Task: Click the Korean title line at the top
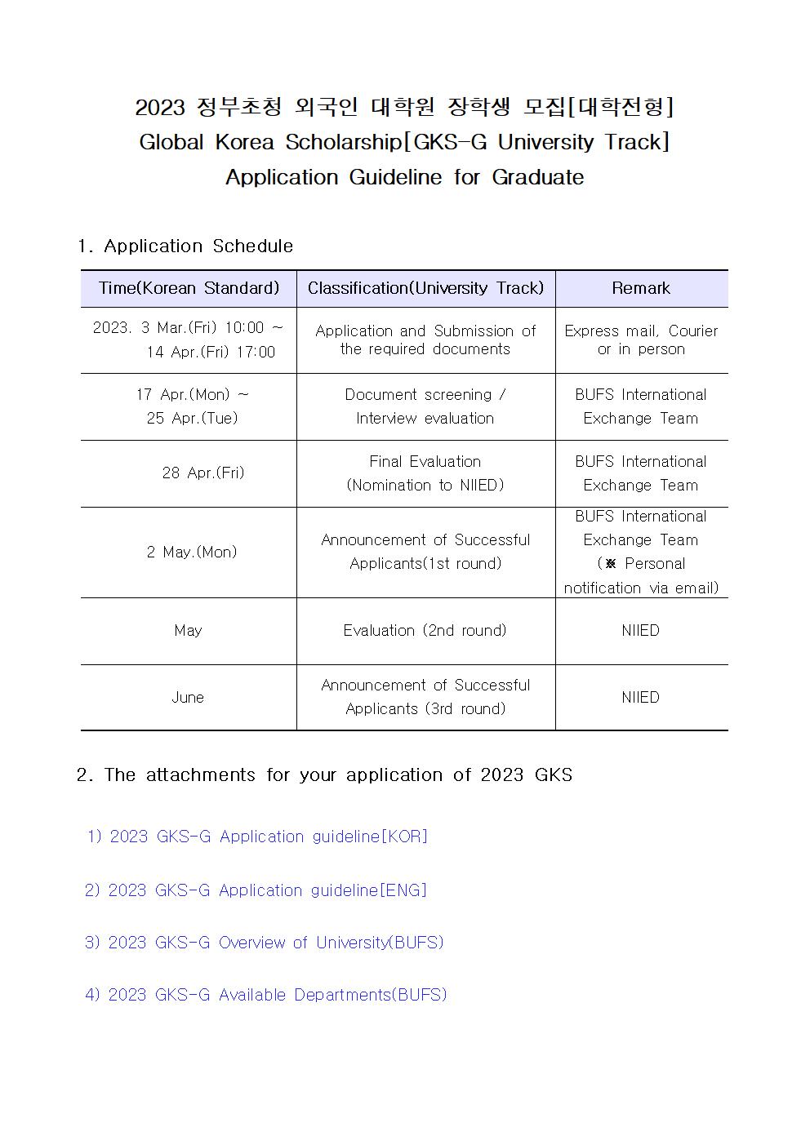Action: [x=404, y=107]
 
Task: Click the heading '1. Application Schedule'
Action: [x=185, y=246]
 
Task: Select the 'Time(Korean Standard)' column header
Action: [x=189, y=288]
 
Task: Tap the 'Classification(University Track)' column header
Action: [x=425, y=288]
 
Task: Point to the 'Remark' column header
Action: [x=641, y=288]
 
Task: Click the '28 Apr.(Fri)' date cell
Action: [x=203, y=473]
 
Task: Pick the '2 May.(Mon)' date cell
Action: [x=192, y=552]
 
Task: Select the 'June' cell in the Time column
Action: [x=188, y=697]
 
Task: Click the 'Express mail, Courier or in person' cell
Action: [x=641, y=340]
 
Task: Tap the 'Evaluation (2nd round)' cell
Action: [x=425, y=630]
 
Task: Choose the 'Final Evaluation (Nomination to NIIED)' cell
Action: [x=425, y=473]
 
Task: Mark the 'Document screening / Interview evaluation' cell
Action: [x=425, y=406]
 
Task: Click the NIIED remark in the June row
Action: [x=640, y=697]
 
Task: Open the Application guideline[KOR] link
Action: [x=258, y=837]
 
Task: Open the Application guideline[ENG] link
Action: [x=257, y=890]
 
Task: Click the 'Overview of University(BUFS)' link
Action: [x=265, y=943]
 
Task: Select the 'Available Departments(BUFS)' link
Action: [x=267, y=995]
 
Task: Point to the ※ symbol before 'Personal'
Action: [x=610, y=564]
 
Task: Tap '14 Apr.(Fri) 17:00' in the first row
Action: [x=211, y=352]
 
